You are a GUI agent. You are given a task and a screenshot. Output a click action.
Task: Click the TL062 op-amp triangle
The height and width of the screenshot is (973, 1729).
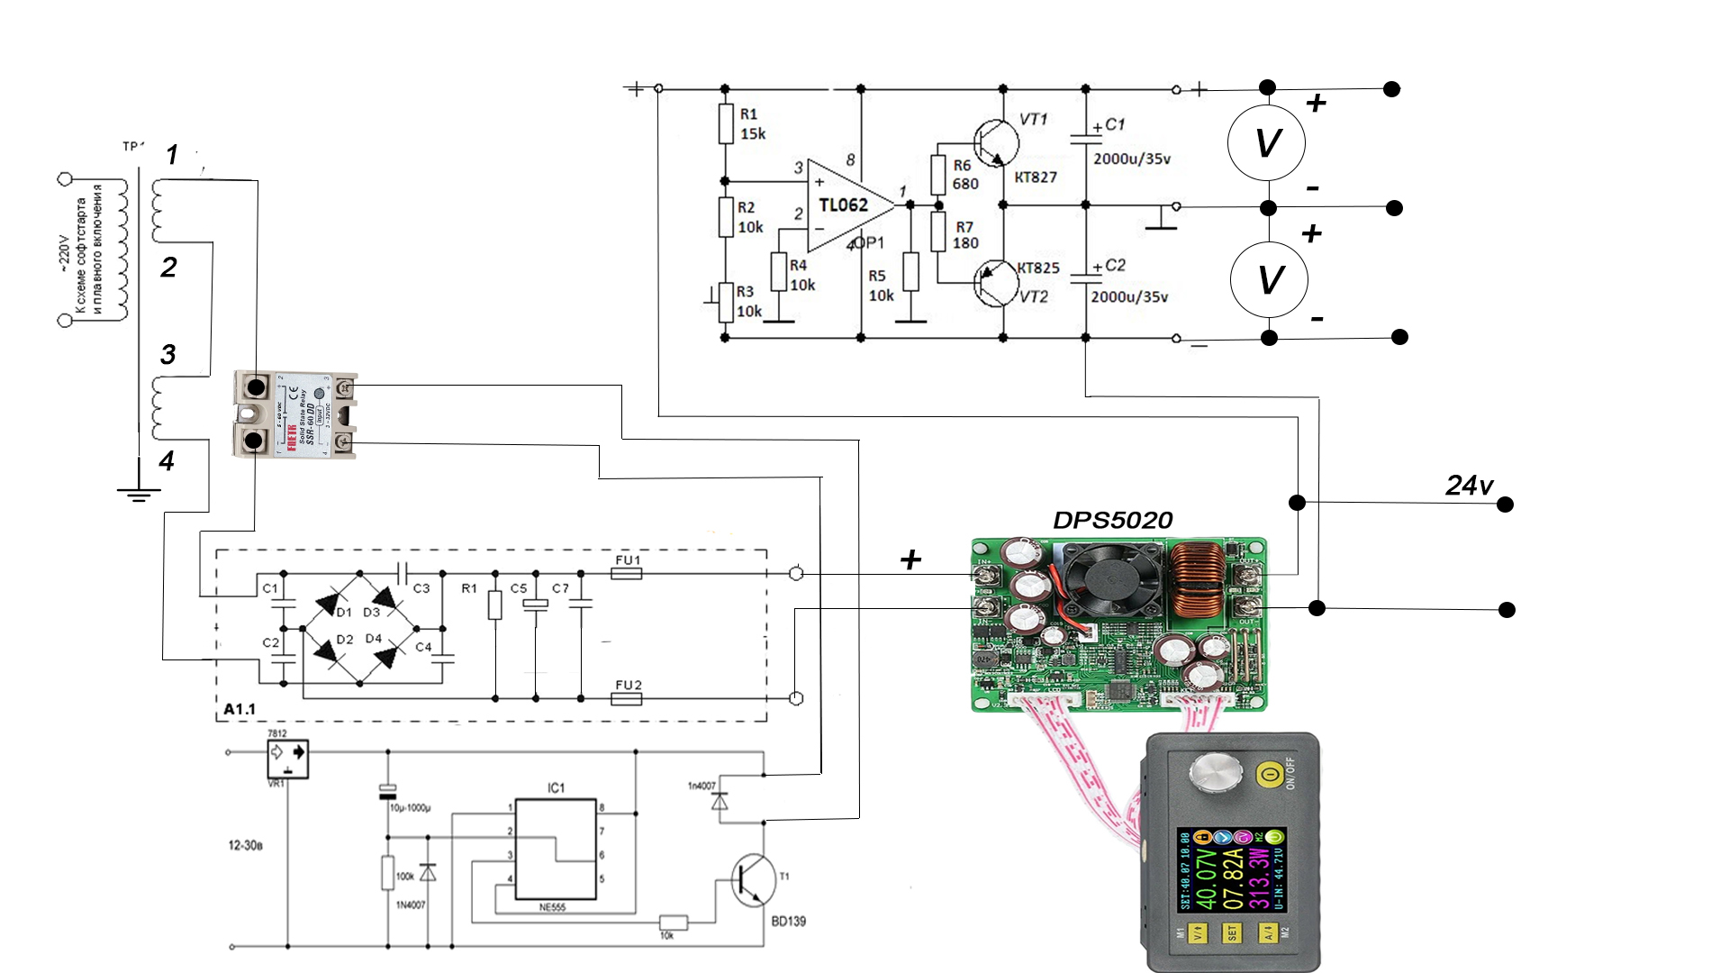click(846, 206)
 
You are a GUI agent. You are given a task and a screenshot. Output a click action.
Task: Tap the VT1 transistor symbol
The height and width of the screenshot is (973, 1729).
click(996, 143)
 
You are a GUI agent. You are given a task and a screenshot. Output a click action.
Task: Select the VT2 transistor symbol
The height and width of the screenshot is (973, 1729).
click(996, 283)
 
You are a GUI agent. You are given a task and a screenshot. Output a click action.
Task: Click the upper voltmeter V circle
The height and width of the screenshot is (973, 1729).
click(1267, 142)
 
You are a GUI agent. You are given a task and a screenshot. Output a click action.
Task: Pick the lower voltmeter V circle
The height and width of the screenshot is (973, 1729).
click(1269, 279)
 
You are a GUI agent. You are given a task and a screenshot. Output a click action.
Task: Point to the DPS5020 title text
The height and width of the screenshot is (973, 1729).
click(1112, 521)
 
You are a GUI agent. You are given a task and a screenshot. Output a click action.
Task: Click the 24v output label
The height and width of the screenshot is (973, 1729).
click(1469, 486)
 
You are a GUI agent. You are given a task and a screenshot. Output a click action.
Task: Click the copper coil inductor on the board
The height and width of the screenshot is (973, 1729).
click(1198, 580)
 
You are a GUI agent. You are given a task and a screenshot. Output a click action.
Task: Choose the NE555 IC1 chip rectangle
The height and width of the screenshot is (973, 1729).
click(556, 849)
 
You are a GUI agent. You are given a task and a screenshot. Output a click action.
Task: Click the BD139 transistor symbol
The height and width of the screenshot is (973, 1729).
click(752, 880)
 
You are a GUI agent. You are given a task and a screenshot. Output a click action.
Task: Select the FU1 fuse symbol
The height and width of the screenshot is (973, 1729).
click(627, 573)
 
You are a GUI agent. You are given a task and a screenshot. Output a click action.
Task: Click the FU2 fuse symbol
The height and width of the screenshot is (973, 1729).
click(627, 698)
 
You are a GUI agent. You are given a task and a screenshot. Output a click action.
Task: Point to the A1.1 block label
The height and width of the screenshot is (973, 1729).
click(240, 709)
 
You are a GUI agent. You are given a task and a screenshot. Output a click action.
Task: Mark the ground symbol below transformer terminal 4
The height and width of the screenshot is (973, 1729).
click(138, 491)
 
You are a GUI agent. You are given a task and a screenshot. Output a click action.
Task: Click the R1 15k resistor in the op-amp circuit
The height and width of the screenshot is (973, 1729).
click(726, 124)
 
